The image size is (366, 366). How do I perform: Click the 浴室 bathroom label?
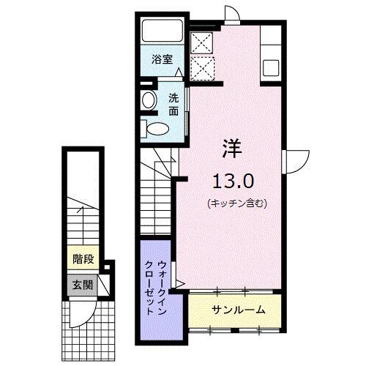click(163, 59)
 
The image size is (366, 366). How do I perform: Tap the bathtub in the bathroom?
click(163, 31)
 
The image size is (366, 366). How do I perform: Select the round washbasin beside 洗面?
click(149, 100)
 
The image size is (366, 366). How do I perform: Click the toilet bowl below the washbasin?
click(158, 128)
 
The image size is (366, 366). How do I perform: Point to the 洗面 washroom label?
click(173, 105)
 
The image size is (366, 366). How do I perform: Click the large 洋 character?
click(232, 149)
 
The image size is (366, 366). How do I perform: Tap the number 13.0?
click(234, 182)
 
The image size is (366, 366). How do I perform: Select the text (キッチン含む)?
click(236, 203)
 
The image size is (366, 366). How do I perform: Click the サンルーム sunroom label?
click(239, 310)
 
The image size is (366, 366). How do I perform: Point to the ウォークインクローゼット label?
click(155, 287)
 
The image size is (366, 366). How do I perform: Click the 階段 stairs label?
click(83, 259)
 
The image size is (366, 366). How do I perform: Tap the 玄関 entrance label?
click(83, 285)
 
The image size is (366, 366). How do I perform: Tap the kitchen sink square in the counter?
click(271, 67)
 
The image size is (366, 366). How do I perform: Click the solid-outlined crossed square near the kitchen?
click(201, 42)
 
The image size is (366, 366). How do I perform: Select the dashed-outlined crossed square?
click(202, 67)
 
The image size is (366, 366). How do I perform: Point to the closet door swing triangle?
click(180, 283)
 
